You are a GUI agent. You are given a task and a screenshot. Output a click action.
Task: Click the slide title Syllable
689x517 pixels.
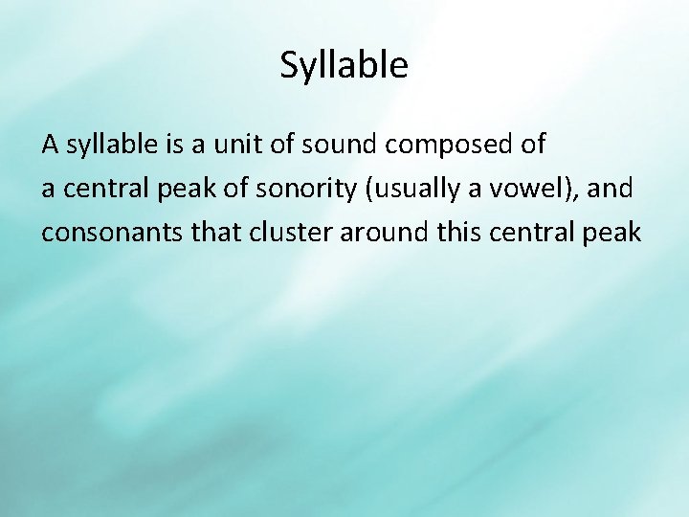click(344, 65)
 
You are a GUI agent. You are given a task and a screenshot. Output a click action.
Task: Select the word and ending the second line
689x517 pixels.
click(611, 188)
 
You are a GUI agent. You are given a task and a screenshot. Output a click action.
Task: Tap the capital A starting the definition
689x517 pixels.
click(51, 145)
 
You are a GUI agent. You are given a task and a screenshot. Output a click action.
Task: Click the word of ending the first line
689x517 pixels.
click(532, 145)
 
